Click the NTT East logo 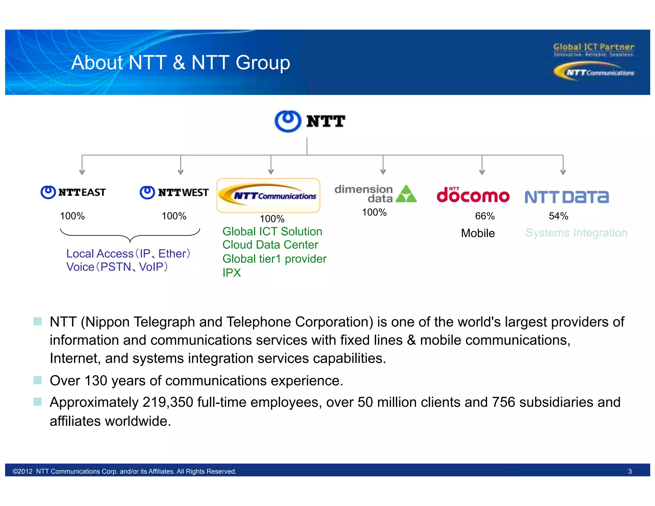pos(73,192)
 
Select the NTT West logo pos(174,193)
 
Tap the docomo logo pos(473,195)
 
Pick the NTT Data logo pos(567,197)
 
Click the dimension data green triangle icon pos(406,194)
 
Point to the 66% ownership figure pos(485,216)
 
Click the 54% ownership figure pos(558,216)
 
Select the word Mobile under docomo pos(478,233)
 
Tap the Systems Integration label pos(576,233)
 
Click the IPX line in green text pos(232,273)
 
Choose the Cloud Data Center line pos(270,245)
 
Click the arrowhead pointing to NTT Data pos(563,172)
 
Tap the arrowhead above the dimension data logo pos(383,172)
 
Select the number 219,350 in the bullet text pos(168,402)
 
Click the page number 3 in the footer pos(630,471)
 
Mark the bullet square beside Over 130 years pos(38,380)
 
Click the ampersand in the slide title pos(179,62)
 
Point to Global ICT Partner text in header pos(594,47)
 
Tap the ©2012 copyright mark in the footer pos(22,471)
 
